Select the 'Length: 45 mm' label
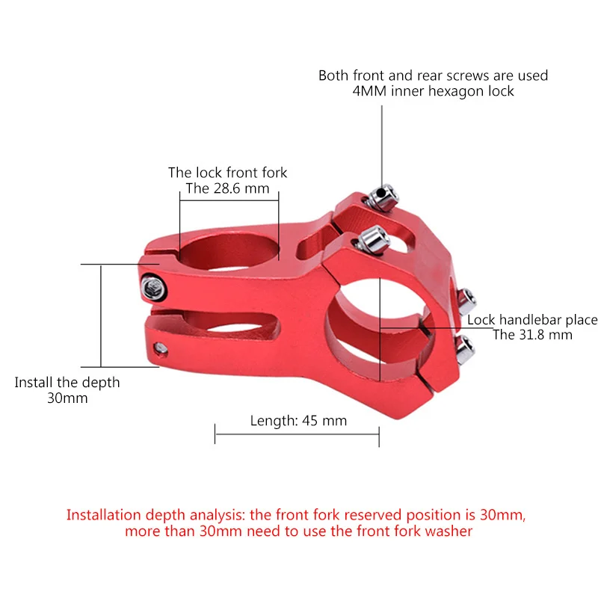[298, 420]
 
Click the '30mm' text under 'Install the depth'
[67, 398]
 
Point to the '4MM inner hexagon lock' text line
[433, 91]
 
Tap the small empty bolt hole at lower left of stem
[158, 348]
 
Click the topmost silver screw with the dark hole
[383, 194]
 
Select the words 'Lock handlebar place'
[532, 320]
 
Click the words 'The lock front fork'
[227, 173]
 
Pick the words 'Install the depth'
[67, 382]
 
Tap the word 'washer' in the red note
[449, 531]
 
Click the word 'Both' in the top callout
[334, 75]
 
